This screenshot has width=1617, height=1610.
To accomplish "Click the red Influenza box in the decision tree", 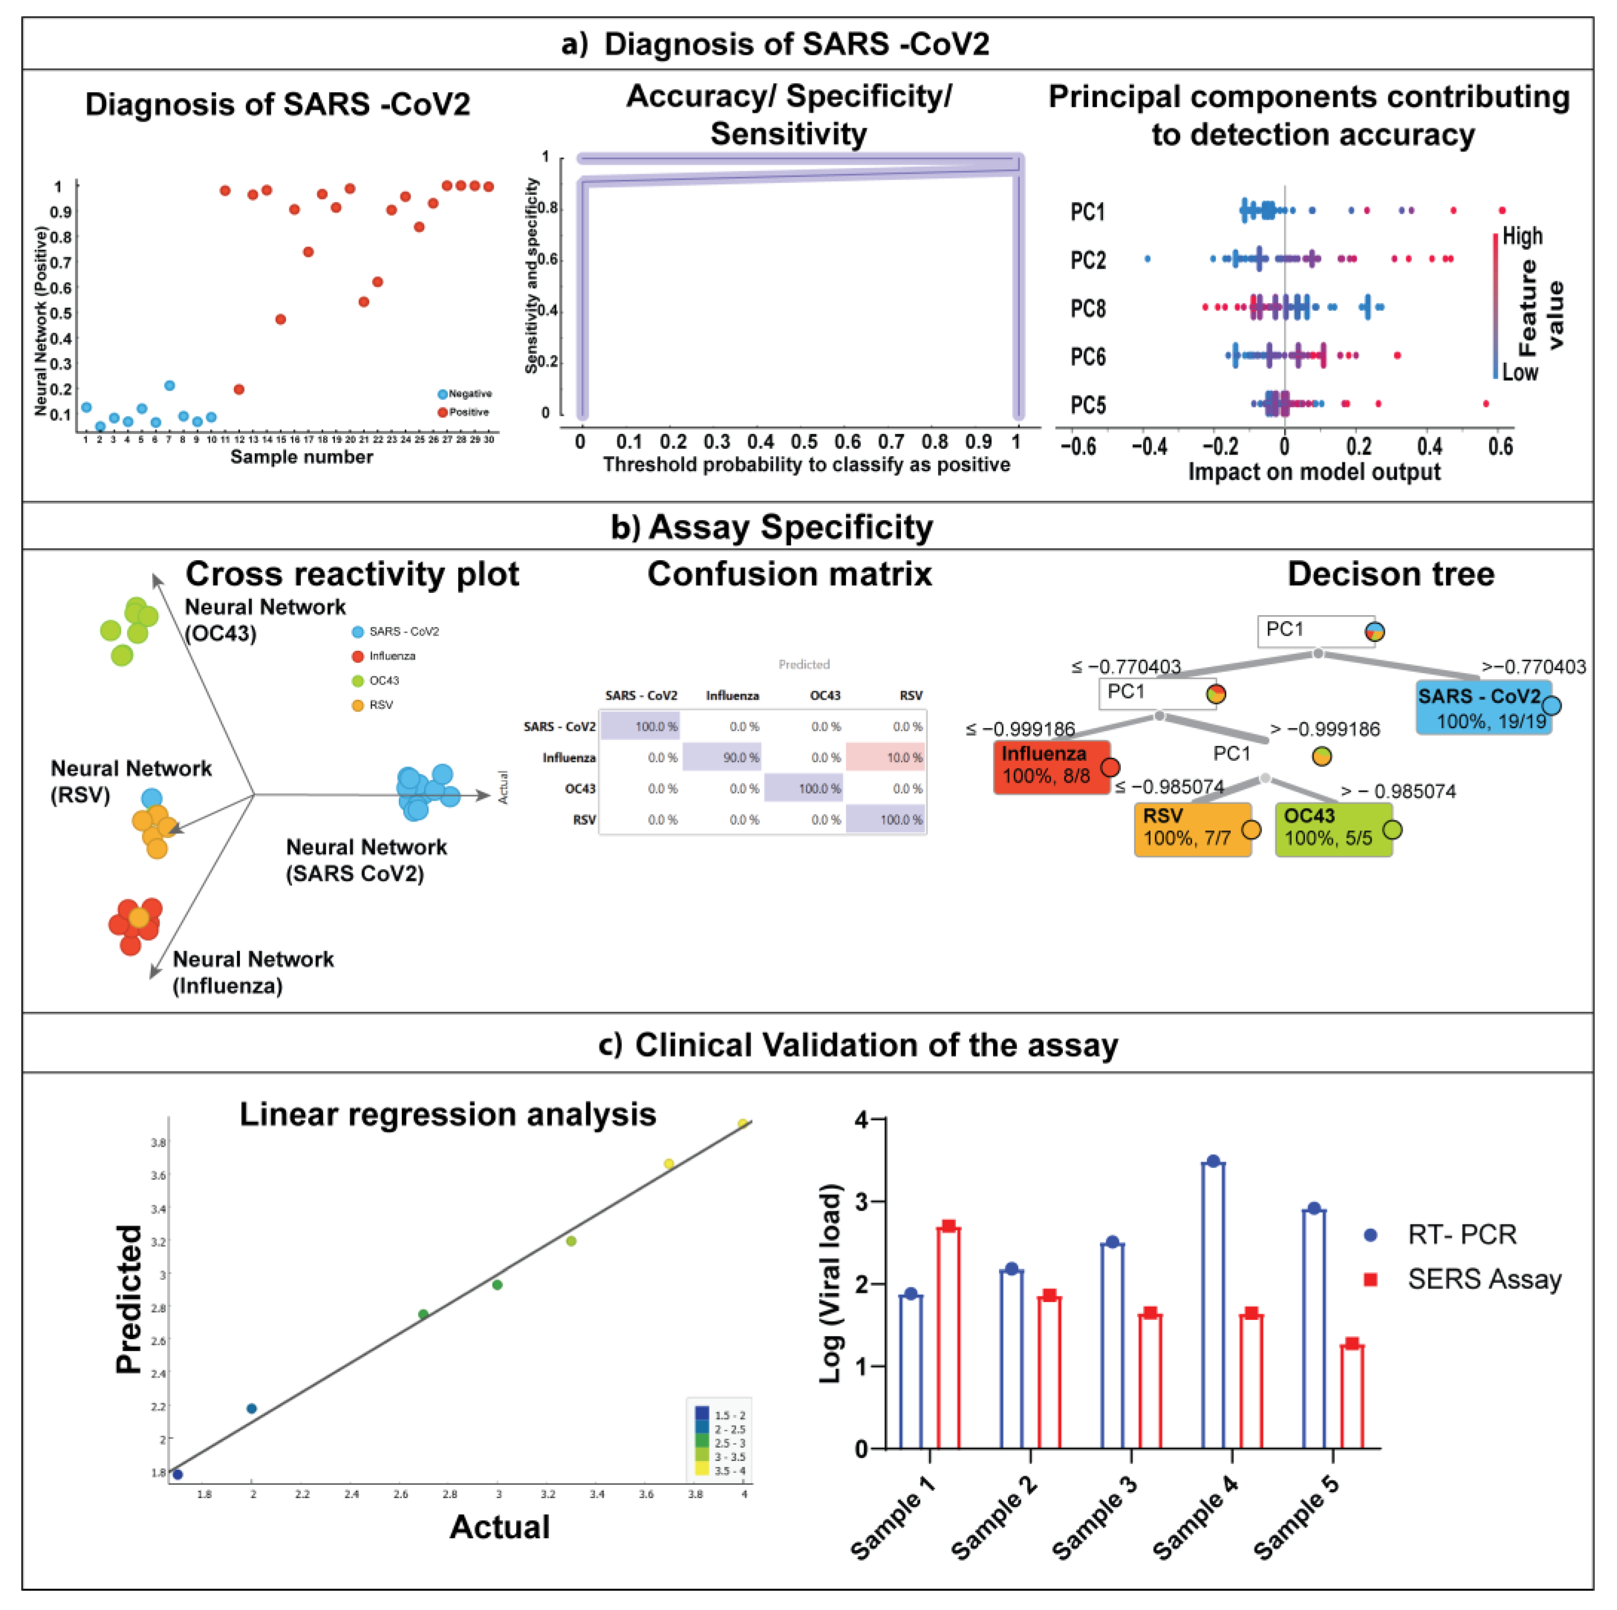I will [x=1052, y=765].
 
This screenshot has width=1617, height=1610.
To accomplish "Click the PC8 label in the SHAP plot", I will [x=1088, y=309].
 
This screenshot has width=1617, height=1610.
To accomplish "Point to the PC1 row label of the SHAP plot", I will [x=1088, y=212].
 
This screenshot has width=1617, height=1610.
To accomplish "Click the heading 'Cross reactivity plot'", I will [x=352, y=574].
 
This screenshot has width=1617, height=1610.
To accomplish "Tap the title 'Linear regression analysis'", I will [x=448, y=1115].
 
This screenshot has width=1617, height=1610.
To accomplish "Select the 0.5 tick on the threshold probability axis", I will [x=805, y=441].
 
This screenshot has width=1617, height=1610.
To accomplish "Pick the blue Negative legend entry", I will [x=465, y=393].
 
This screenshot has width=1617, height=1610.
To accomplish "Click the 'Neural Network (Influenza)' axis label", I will [x=253, y=972].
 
